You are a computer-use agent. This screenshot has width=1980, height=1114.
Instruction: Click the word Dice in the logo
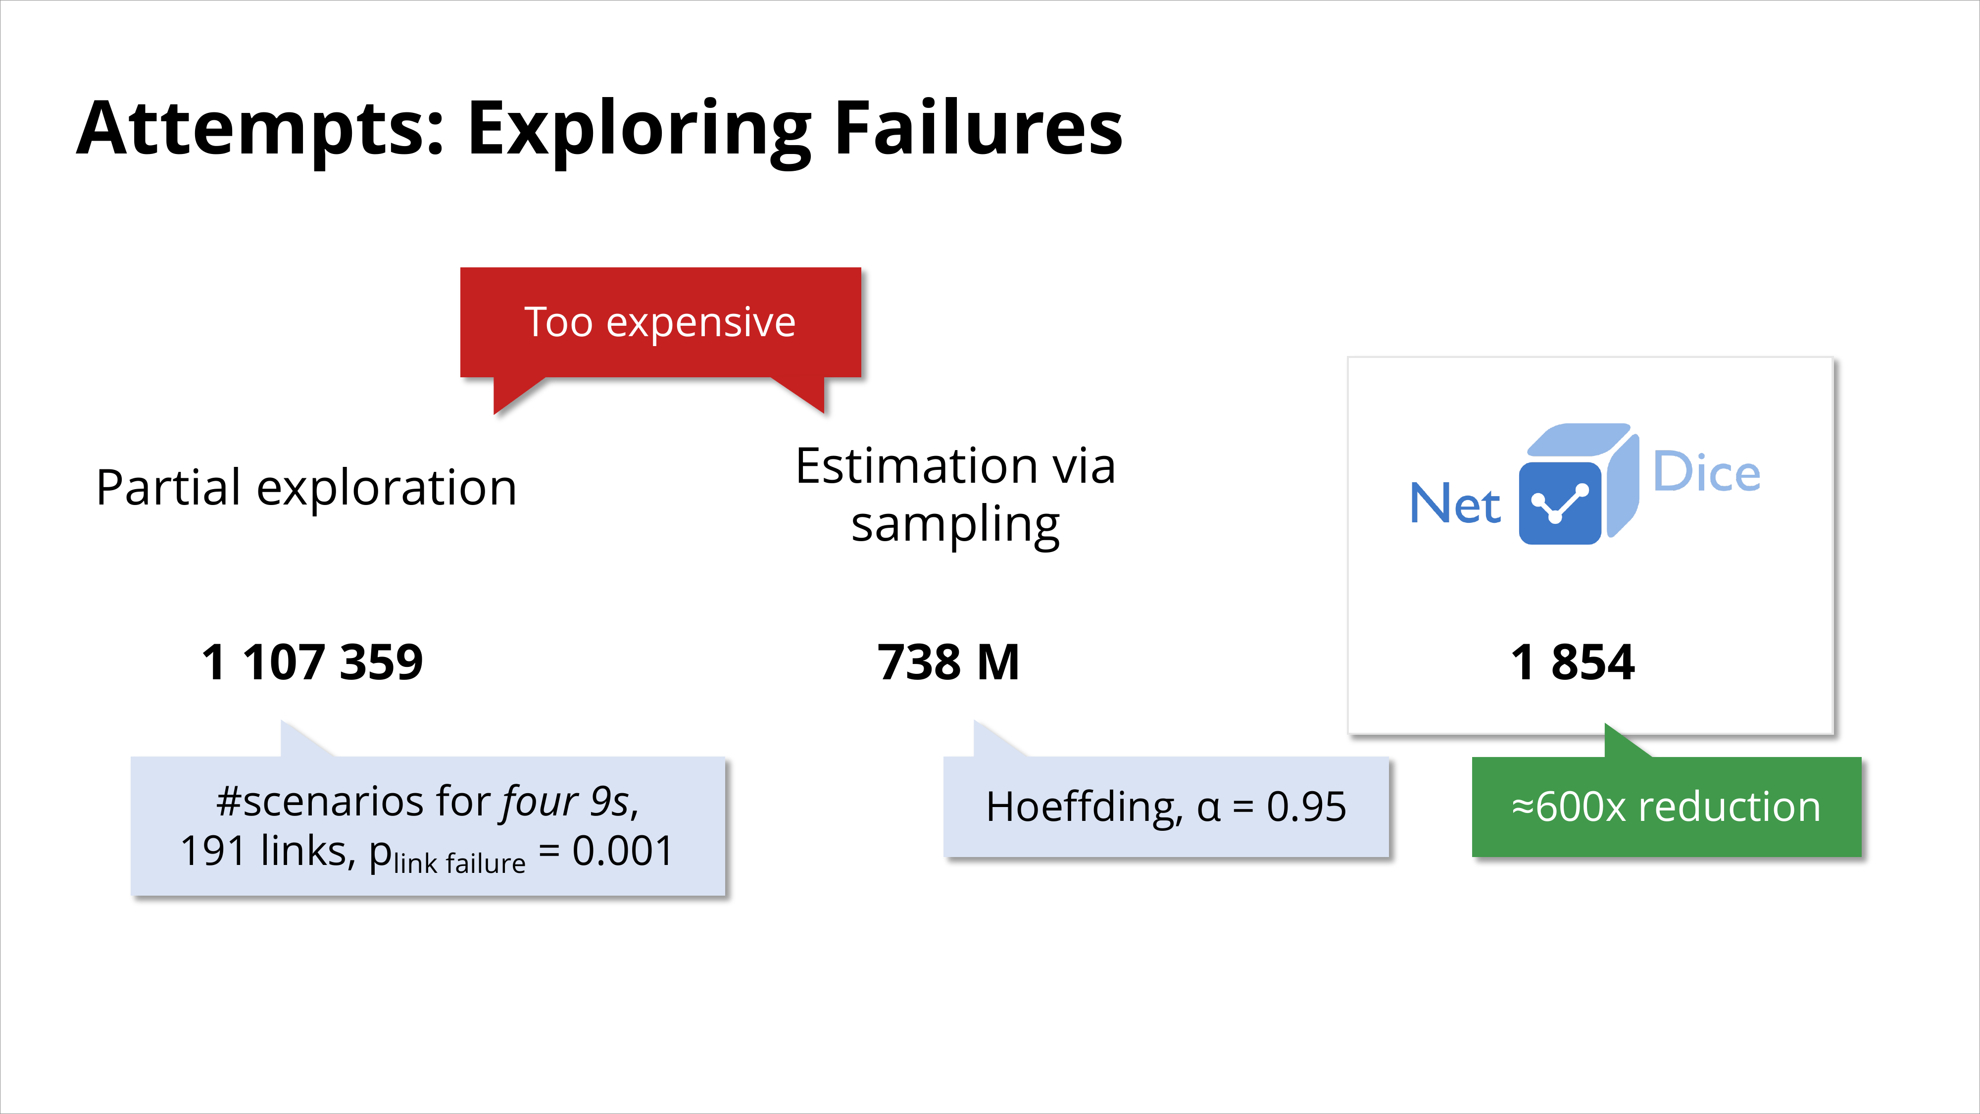(x=1706, y=471)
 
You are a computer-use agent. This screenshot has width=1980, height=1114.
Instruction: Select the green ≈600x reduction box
(x=1666, y=807)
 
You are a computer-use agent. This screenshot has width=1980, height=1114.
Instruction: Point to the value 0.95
(x=1307, y=807)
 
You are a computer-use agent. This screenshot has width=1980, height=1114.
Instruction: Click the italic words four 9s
(x=566, y=803)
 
